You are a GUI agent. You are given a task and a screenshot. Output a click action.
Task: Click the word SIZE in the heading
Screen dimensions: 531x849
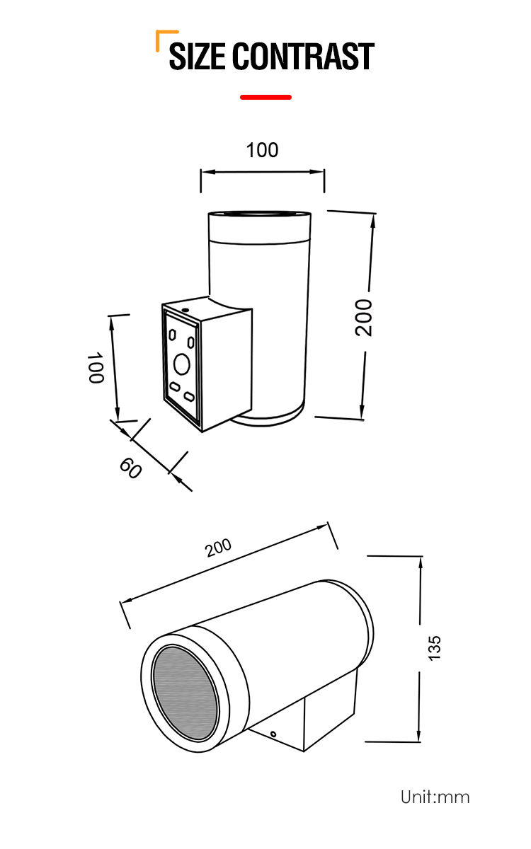[x=197, y=56]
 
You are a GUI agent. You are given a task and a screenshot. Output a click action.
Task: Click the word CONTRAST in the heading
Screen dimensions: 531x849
[x=303, y=56]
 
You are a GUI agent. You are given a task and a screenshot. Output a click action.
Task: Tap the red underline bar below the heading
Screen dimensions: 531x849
[x=265, y=98]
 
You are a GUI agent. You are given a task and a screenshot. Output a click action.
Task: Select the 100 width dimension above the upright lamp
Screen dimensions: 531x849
[x=262, y=150]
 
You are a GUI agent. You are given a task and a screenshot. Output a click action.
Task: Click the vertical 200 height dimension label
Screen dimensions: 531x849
[x=363, y=318]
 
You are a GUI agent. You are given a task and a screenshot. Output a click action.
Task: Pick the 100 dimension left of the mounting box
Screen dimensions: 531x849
[x=96, y=368]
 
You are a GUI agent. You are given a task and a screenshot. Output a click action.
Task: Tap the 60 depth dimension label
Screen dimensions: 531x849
[x=130, y=468]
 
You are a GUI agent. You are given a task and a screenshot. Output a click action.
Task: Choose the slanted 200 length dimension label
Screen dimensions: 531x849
[x=218, y=548]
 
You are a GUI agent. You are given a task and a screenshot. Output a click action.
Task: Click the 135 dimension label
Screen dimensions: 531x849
[x=435, y=648]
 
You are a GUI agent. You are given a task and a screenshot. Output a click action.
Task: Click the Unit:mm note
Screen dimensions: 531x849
[x=435, y=797]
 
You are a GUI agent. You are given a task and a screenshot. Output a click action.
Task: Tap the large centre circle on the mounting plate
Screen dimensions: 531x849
[x=182, y=364]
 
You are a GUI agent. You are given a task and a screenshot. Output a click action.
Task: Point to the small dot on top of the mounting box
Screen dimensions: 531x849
[x=185, y=310]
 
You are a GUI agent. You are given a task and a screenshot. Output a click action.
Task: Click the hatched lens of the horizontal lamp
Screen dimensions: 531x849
[x=185, y=693]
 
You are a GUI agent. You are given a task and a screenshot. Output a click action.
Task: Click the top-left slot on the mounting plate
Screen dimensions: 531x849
[x=172, y=335]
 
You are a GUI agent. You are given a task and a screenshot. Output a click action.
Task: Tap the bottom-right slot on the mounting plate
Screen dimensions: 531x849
[x=189, y=397]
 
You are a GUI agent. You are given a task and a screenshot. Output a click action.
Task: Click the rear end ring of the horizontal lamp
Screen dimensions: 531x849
[x=370, y=622]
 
